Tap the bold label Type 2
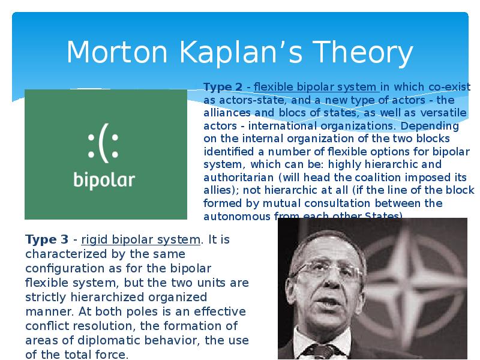coord(223,87)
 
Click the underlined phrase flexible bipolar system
coord(316,87)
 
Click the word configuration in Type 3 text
coord(60,268)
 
